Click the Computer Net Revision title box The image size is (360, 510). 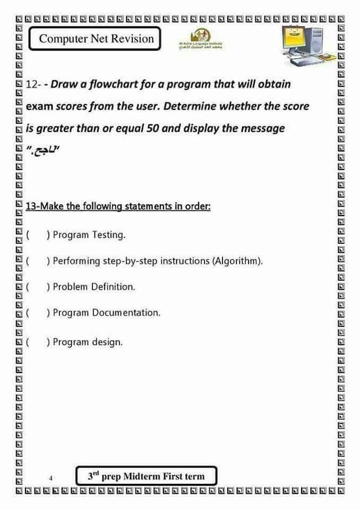tap(96, 39)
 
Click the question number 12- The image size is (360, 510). tap(33, 84)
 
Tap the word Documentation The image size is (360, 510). tap(126, 312)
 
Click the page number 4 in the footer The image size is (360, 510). tap(50, 478)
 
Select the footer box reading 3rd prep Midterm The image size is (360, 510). tap(146, 476)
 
